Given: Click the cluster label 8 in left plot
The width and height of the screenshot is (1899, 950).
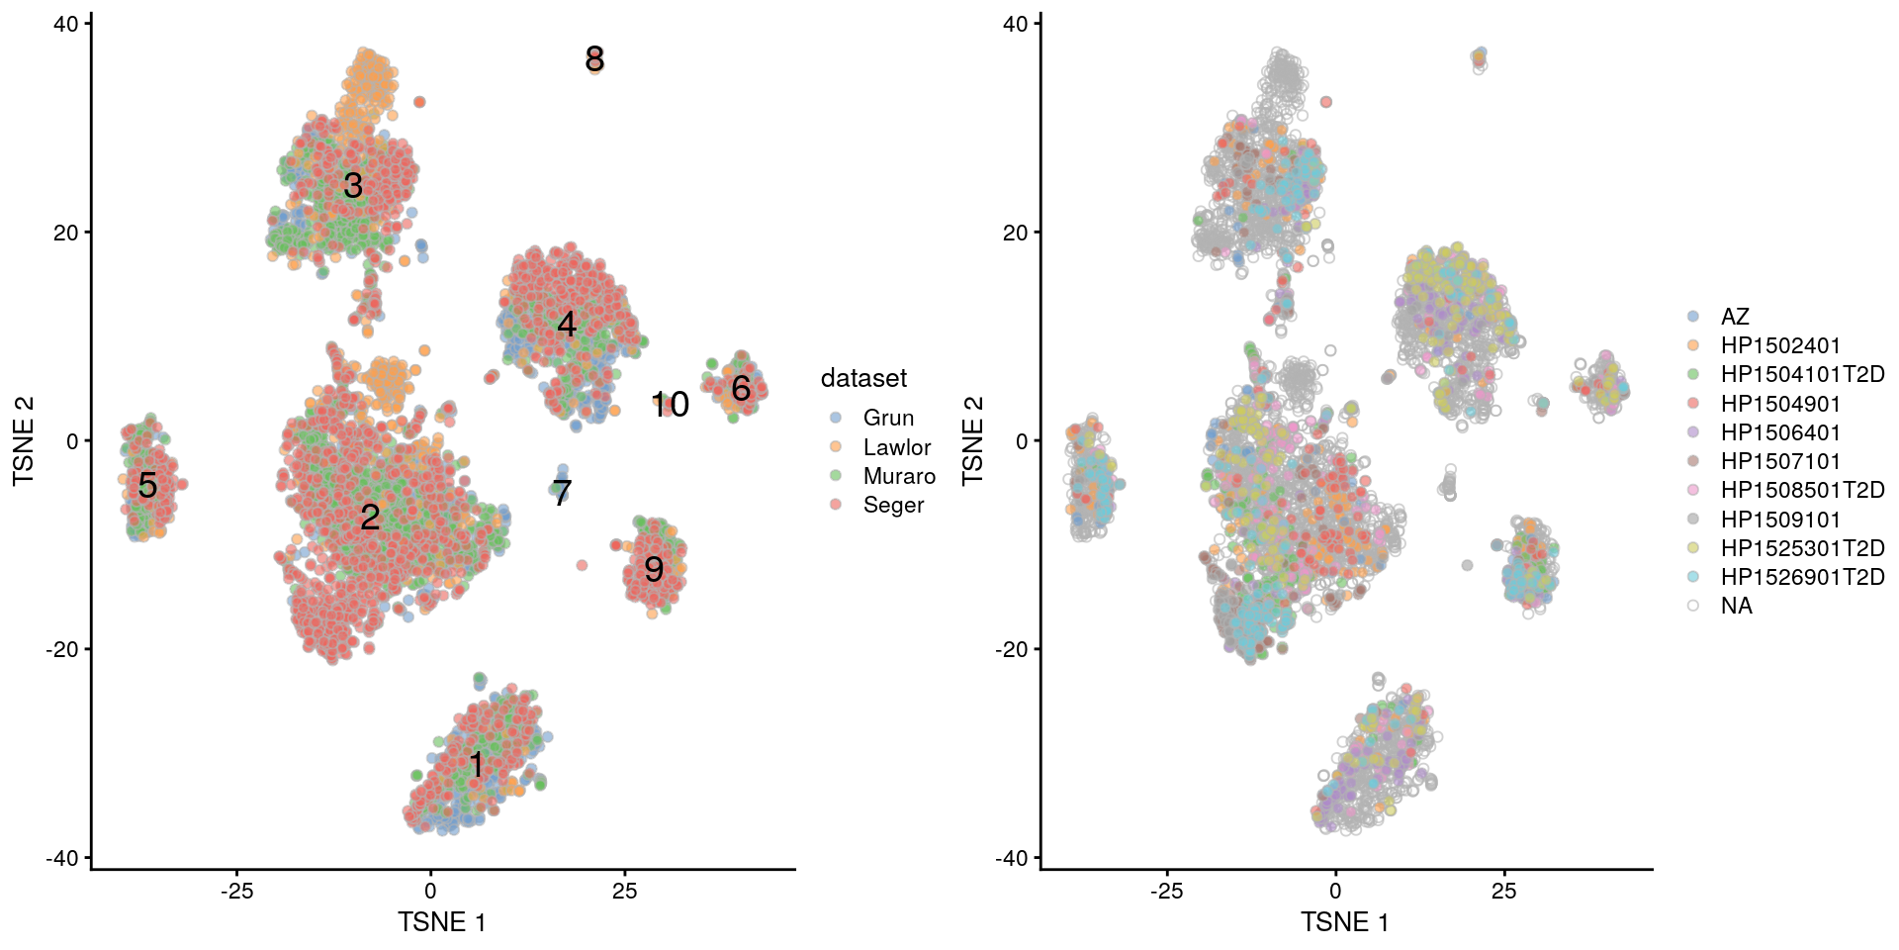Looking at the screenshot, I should point(594,59).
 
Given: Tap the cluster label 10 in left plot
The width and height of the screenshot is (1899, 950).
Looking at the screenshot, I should point(670,404).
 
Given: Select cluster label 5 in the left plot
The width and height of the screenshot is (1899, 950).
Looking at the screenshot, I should point(147,485).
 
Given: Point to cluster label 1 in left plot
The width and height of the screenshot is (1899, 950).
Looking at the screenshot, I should point(477,765).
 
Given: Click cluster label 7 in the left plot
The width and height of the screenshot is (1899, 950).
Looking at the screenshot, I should point(562,492).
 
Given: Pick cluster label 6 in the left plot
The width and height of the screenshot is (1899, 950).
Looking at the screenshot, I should point(741,389).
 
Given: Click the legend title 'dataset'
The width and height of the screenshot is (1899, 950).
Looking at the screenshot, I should point(863,378).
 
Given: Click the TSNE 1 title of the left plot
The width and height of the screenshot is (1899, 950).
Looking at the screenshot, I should point(441,922).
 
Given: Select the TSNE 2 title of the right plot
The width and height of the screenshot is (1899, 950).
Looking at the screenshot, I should point(973,439).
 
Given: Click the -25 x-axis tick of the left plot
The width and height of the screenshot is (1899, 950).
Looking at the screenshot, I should point(236,891).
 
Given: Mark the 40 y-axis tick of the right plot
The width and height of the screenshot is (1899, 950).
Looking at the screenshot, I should point(1015,24).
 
